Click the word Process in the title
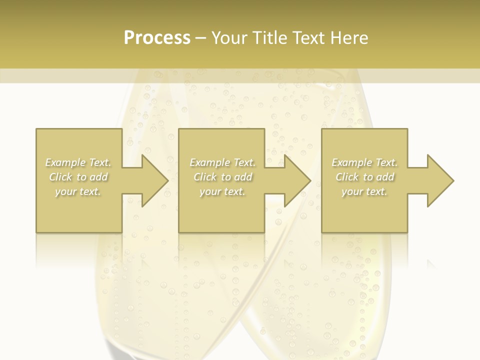[157, 38]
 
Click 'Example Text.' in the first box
[78, 162]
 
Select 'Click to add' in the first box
[78, 177]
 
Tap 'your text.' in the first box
[78, 191]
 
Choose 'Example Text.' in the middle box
[222, 162]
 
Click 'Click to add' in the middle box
[222, 177]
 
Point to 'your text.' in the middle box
[222, 191]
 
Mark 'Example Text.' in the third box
[364, 162]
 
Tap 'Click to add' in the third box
[364, 177]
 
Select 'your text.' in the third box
[364, 191]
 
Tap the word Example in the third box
[352, 162]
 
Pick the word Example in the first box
[65, 162]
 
